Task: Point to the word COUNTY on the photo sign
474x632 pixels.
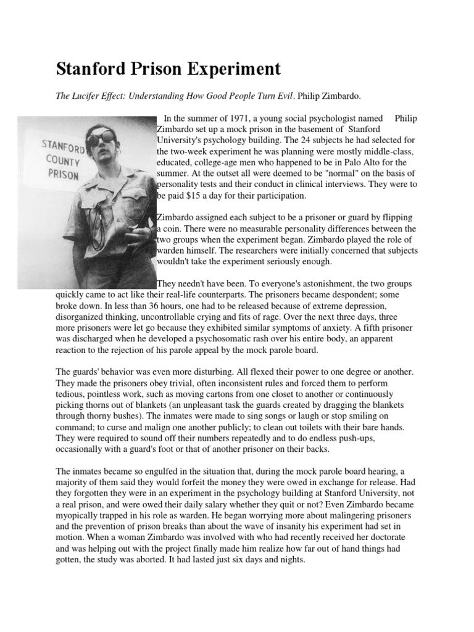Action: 60,160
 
